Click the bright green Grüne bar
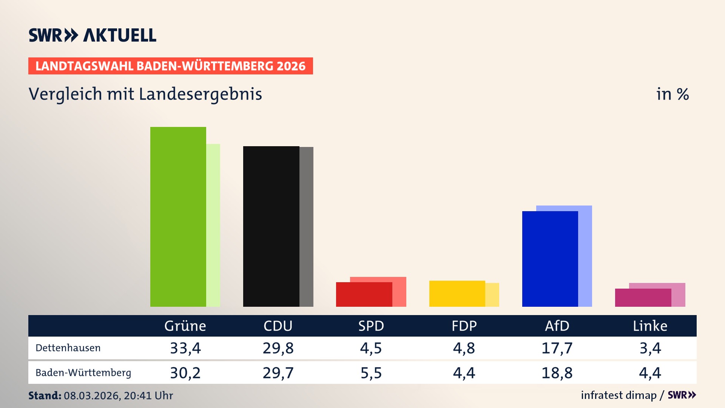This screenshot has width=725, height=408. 178,216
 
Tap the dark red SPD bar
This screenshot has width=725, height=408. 364,294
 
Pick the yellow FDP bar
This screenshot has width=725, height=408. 457,294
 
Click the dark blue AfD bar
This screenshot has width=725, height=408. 550,259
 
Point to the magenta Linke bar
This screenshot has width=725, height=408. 643,298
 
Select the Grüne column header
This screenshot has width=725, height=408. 185,326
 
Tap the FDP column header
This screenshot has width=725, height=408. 464,326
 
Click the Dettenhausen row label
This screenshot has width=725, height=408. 68,348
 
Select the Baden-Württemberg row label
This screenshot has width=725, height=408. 83,372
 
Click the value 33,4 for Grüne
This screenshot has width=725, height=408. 185,348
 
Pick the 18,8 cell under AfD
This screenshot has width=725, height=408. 557,373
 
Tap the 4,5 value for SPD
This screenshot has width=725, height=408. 371,348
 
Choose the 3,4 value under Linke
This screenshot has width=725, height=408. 650,348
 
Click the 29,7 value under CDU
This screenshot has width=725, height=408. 278,373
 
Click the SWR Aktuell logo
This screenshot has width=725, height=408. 93,35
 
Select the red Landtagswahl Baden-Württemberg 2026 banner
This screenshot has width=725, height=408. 170,66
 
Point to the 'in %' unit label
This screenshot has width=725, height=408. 673,94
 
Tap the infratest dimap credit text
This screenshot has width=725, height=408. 619,395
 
